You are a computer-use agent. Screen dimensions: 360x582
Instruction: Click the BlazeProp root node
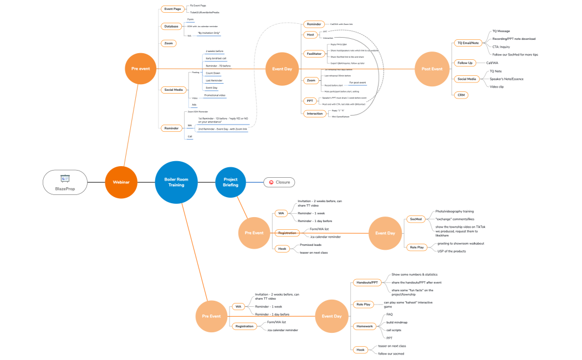(65, 182)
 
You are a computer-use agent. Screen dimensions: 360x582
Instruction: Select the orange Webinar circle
(121, 182)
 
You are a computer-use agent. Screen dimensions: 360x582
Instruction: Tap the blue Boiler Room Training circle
(176, 182)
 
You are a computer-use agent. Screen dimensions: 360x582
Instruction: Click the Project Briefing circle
(231, 182)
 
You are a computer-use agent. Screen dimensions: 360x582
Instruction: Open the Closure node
(279, 182)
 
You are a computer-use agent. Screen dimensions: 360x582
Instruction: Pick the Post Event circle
(432, 69)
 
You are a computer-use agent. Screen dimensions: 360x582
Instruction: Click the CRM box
(461, 95)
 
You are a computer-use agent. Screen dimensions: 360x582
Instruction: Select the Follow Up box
(465, 63)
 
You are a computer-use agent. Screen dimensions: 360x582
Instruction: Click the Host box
(310, 35)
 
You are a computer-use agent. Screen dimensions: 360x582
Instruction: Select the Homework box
(365, 326)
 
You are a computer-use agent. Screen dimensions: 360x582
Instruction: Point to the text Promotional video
(215, 95)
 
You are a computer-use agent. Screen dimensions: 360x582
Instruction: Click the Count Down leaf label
(212, 73)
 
